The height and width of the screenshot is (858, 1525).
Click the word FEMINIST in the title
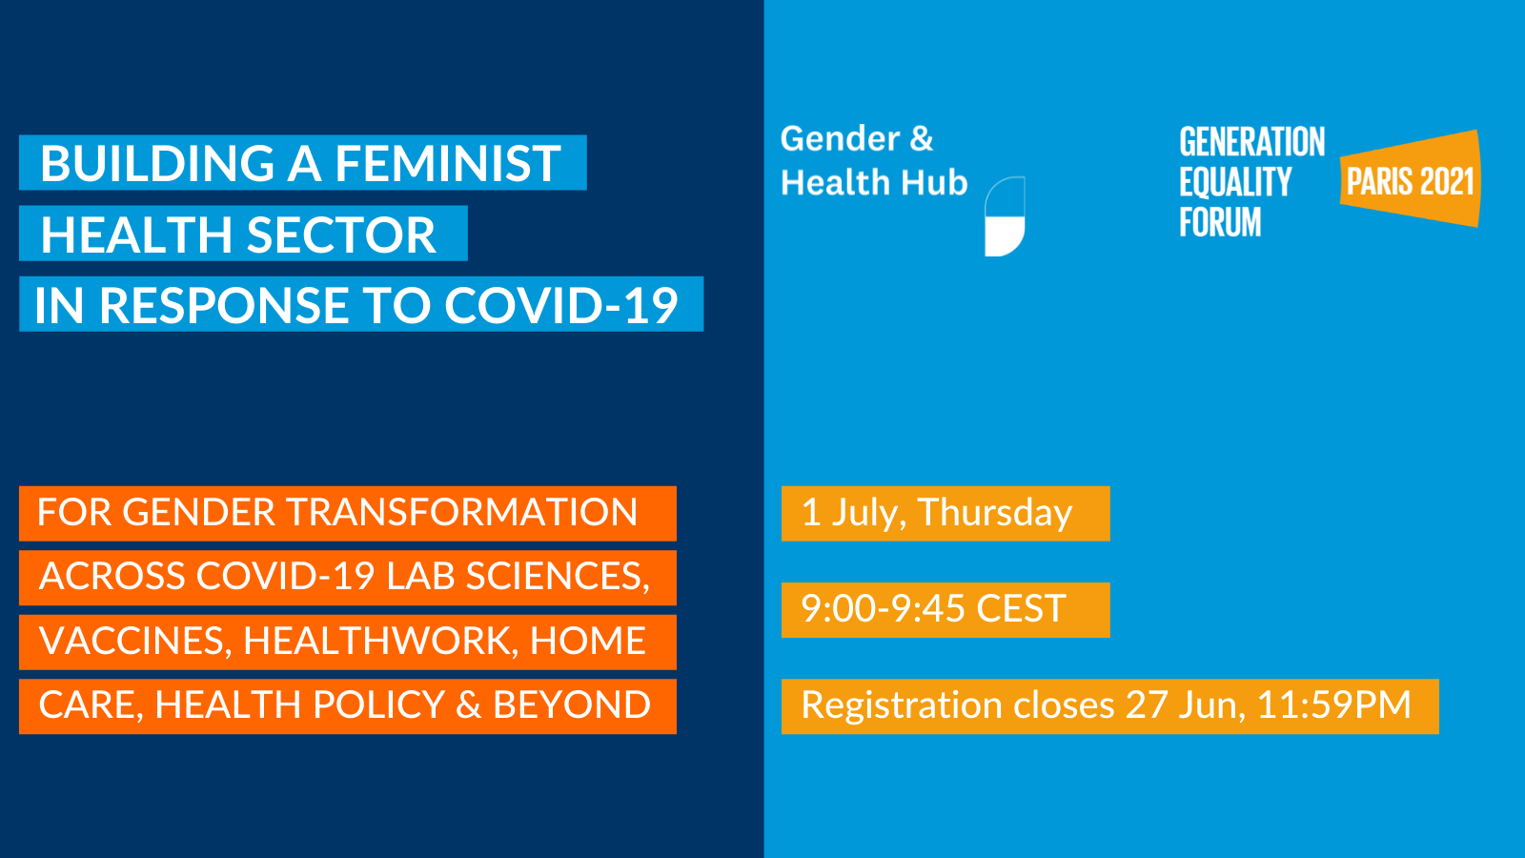[448, 163]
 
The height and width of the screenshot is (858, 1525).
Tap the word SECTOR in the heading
[341, 235]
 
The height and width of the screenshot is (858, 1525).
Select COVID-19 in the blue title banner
[561, 305]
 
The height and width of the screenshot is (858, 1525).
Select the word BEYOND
[572, 705]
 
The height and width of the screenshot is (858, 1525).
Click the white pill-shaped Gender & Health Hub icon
[1005, 216]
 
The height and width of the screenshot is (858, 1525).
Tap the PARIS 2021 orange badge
[1410, 179]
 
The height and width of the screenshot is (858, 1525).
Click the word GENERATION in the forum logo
[1252, 142]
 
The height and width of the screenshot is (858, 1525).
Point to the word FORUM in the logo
[1220, 223]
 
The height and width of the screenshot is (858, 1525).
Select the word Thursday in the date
[995, 512]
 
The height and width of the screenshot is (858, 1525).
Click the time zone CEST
[1021, 609]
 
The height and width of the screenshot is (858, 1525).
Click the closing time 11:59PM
[1333, 705]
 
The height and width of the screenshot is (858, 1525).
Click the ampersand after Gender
[921, 139]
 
